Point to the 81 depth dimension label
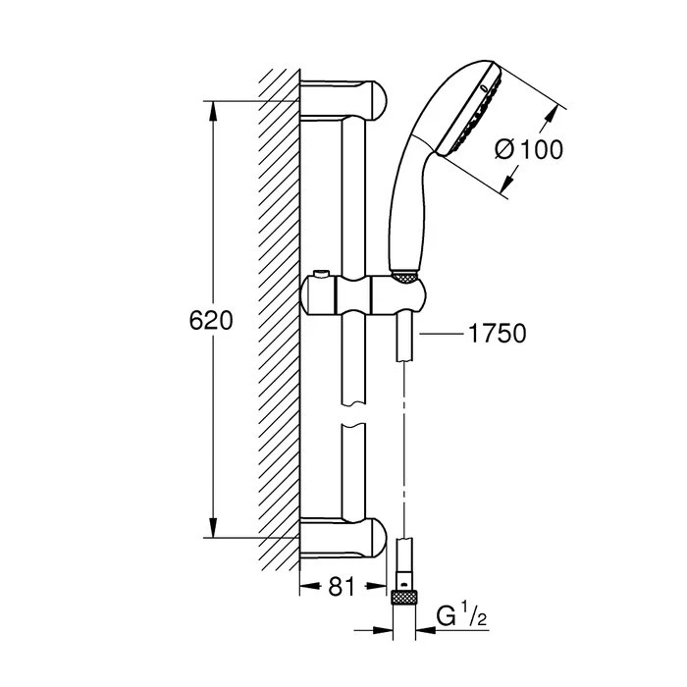click(340, 589)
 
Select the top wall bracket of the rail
click(343, 99)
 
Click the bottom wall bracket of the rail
click(343, 538)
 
